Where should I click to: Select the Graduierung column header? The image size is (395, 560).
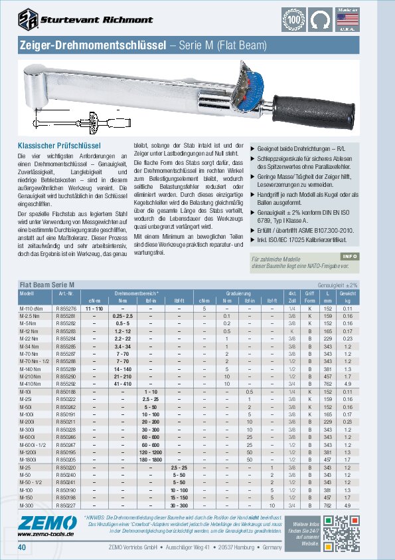coord(238,293)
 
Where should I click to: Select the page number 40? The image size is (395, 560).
coord(23,547)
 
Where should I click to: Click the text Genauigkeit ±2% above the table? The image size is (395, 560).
coord(358,285)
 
